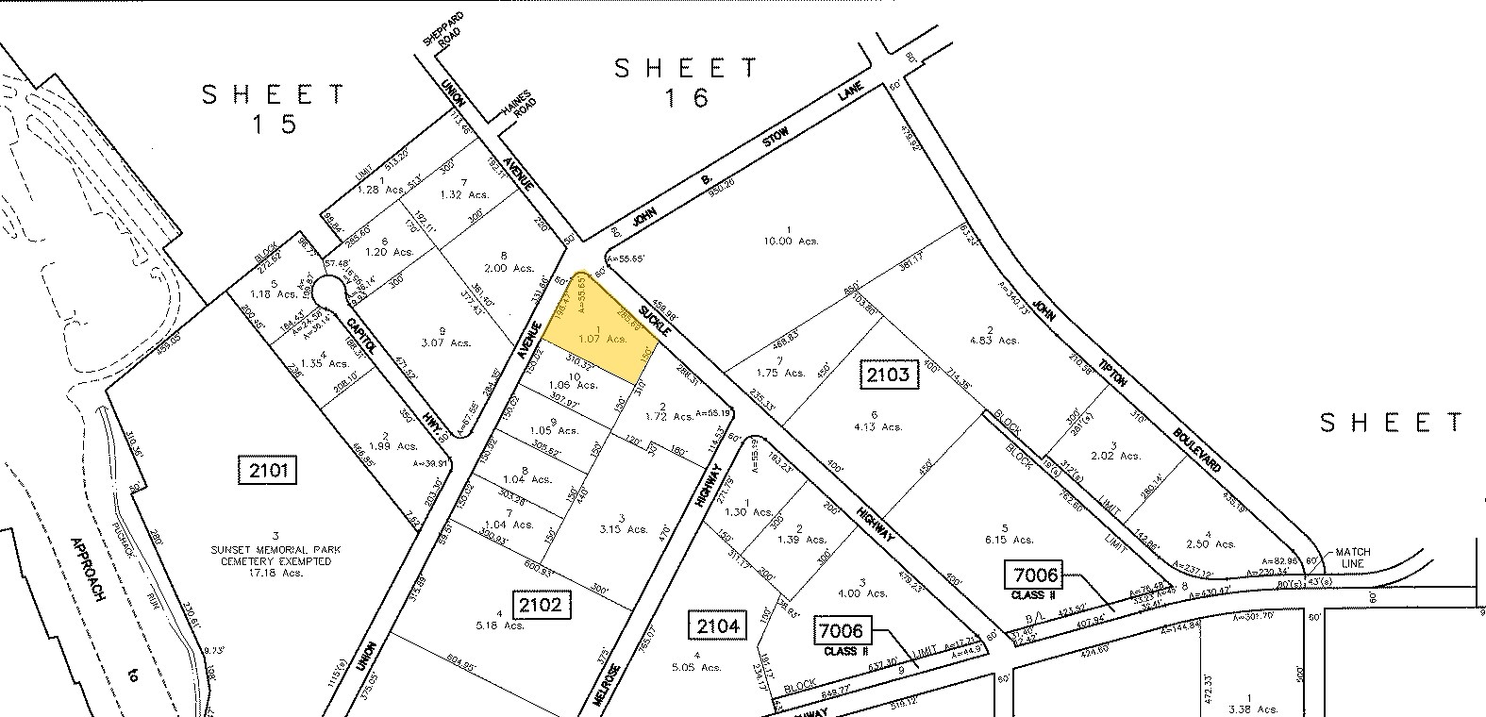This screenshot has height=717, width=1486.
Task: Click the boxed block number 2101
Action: tap(268, 469)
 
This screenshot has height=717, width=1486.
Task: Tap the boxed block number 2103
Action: tap(889, 375)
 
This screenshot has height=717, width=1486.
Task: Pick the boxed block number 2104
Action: tap(718, 625)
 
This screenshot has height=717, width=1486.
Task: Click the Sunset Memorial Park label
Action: tap(271, 548)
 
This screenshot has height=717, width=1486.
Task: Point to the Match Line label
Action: tap(1352, 558)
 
